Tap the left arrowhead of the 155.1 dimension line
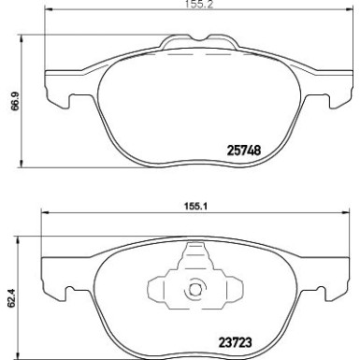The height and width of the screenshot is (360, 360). (42, 223)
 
